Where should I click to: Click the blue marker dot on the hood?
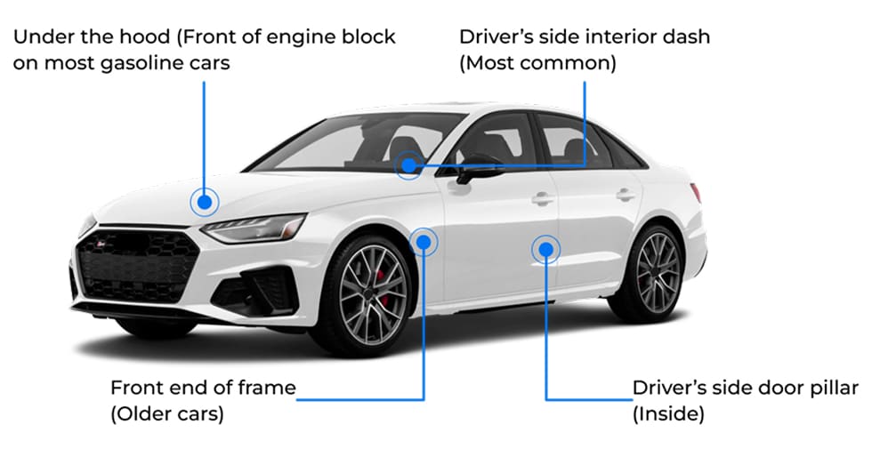[205, 203]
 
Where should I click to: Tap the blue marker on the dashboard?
[408, 164]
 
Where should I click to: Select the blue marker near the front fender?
[424, 240]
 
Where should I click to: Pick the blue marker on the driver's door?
[545, 249]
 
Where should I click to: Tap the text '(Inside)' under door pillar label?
[668, 414]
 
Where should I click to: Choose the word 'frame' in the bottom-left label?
[266, 388]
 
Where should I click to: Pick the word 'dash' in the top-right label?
[692, 37]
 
